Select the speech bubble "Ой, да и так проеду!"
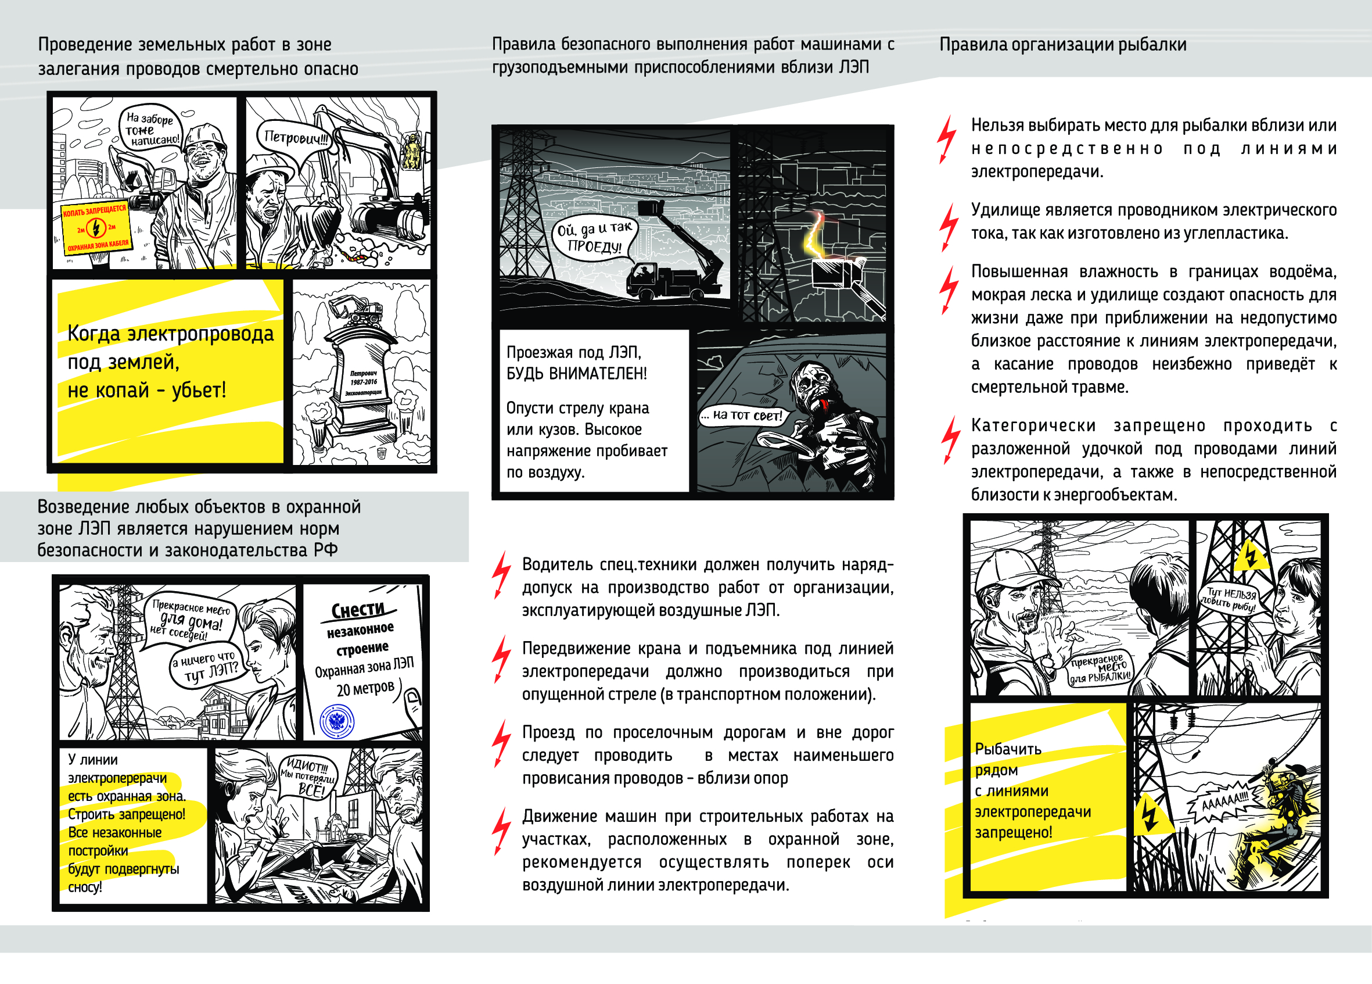pyautogui.click(x=594, y=238)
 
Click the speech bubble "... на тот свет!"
pyautogui.click(x=742, y=415)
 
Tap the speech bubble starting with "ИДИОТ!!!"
pyautogui.click(x=308, y=777)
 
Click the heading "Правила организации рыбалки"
pyautogui.click(x=1062, y=45)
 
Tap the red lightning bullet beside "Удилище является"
pyautogui.click(x=948, y=226)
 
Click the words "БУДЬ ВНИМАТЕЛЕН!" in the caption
pyautogui.click(x=576, y=373)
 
